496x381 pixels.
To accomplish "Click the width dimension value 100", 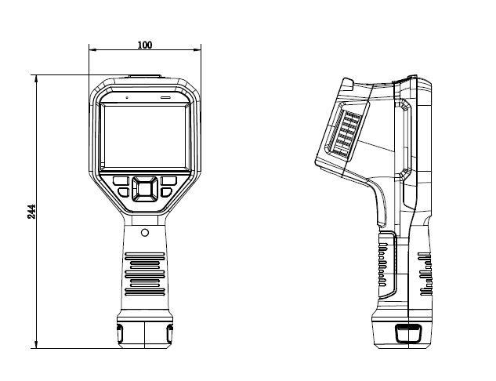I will click(x=144, y=45).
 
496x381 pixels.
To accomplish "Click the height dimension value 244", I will click(x=32, y=211).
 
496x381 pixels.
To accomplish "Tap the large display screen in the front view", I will click(x=145, y=138).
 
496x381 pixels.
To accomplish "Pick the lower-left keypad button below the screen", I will click(x=124, y=192).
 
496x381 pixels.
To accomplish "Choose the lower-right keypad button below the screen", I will click(x=166, y=192).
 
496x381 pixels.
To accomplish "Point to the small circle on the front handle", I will click(x=145, y=233).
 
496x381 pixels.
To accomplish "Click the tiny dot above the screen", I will click(x=125, y=98).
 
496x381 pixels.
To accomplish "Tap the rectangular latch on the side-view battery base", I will click(x=407, y=333).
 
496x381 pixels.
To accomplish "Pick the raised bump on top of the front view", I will click(x=145, y=77).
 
